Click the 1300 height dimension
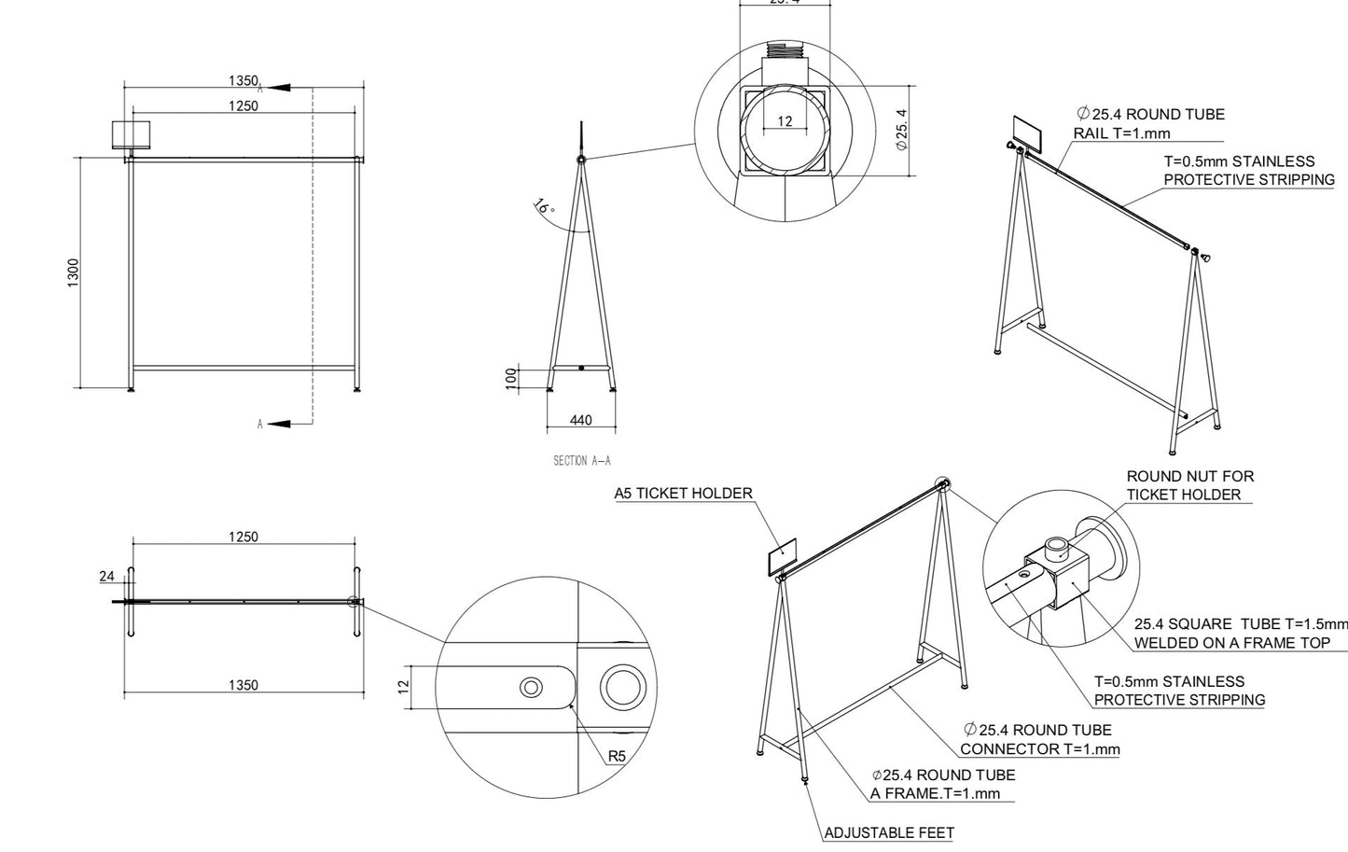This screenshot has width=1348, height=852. (74, 272)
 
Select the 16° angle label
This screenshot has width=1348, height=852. (543, 206)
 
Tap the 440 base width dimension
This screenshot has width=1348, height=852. (580, 420)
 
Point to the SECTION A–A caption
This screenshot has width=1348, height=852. (582, 461)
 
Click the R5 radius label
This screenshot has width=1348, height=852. (616, 756)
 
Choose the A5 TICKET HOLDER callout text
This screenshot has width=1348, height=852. (683, 494)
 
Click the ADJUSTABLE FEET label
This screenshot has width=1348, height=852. (889, 832)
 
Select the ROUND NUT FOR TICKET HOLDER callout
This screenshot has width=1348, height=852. (1189, 485)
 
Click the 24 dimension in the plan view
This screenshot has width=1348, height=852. (107, 576)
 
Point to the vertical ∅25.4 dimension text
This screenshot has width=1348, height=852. (901, 130)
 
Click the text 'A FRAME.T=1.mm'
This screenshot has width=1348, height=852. (935, 793)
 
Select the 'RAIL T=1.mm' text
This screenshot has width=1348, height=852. (1121, 133)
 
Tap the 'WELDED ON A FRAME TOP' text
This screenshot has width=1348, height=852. (1231, 643)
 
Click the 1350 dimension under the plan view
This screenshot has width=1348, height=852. (243, 685)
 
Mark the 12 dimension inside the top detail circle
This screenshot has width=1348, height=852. (784, 121)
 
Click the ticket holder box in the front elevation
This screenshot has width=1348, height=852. (131, 134)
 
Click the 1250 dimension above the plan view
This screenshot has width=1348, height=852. (243, 537)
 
